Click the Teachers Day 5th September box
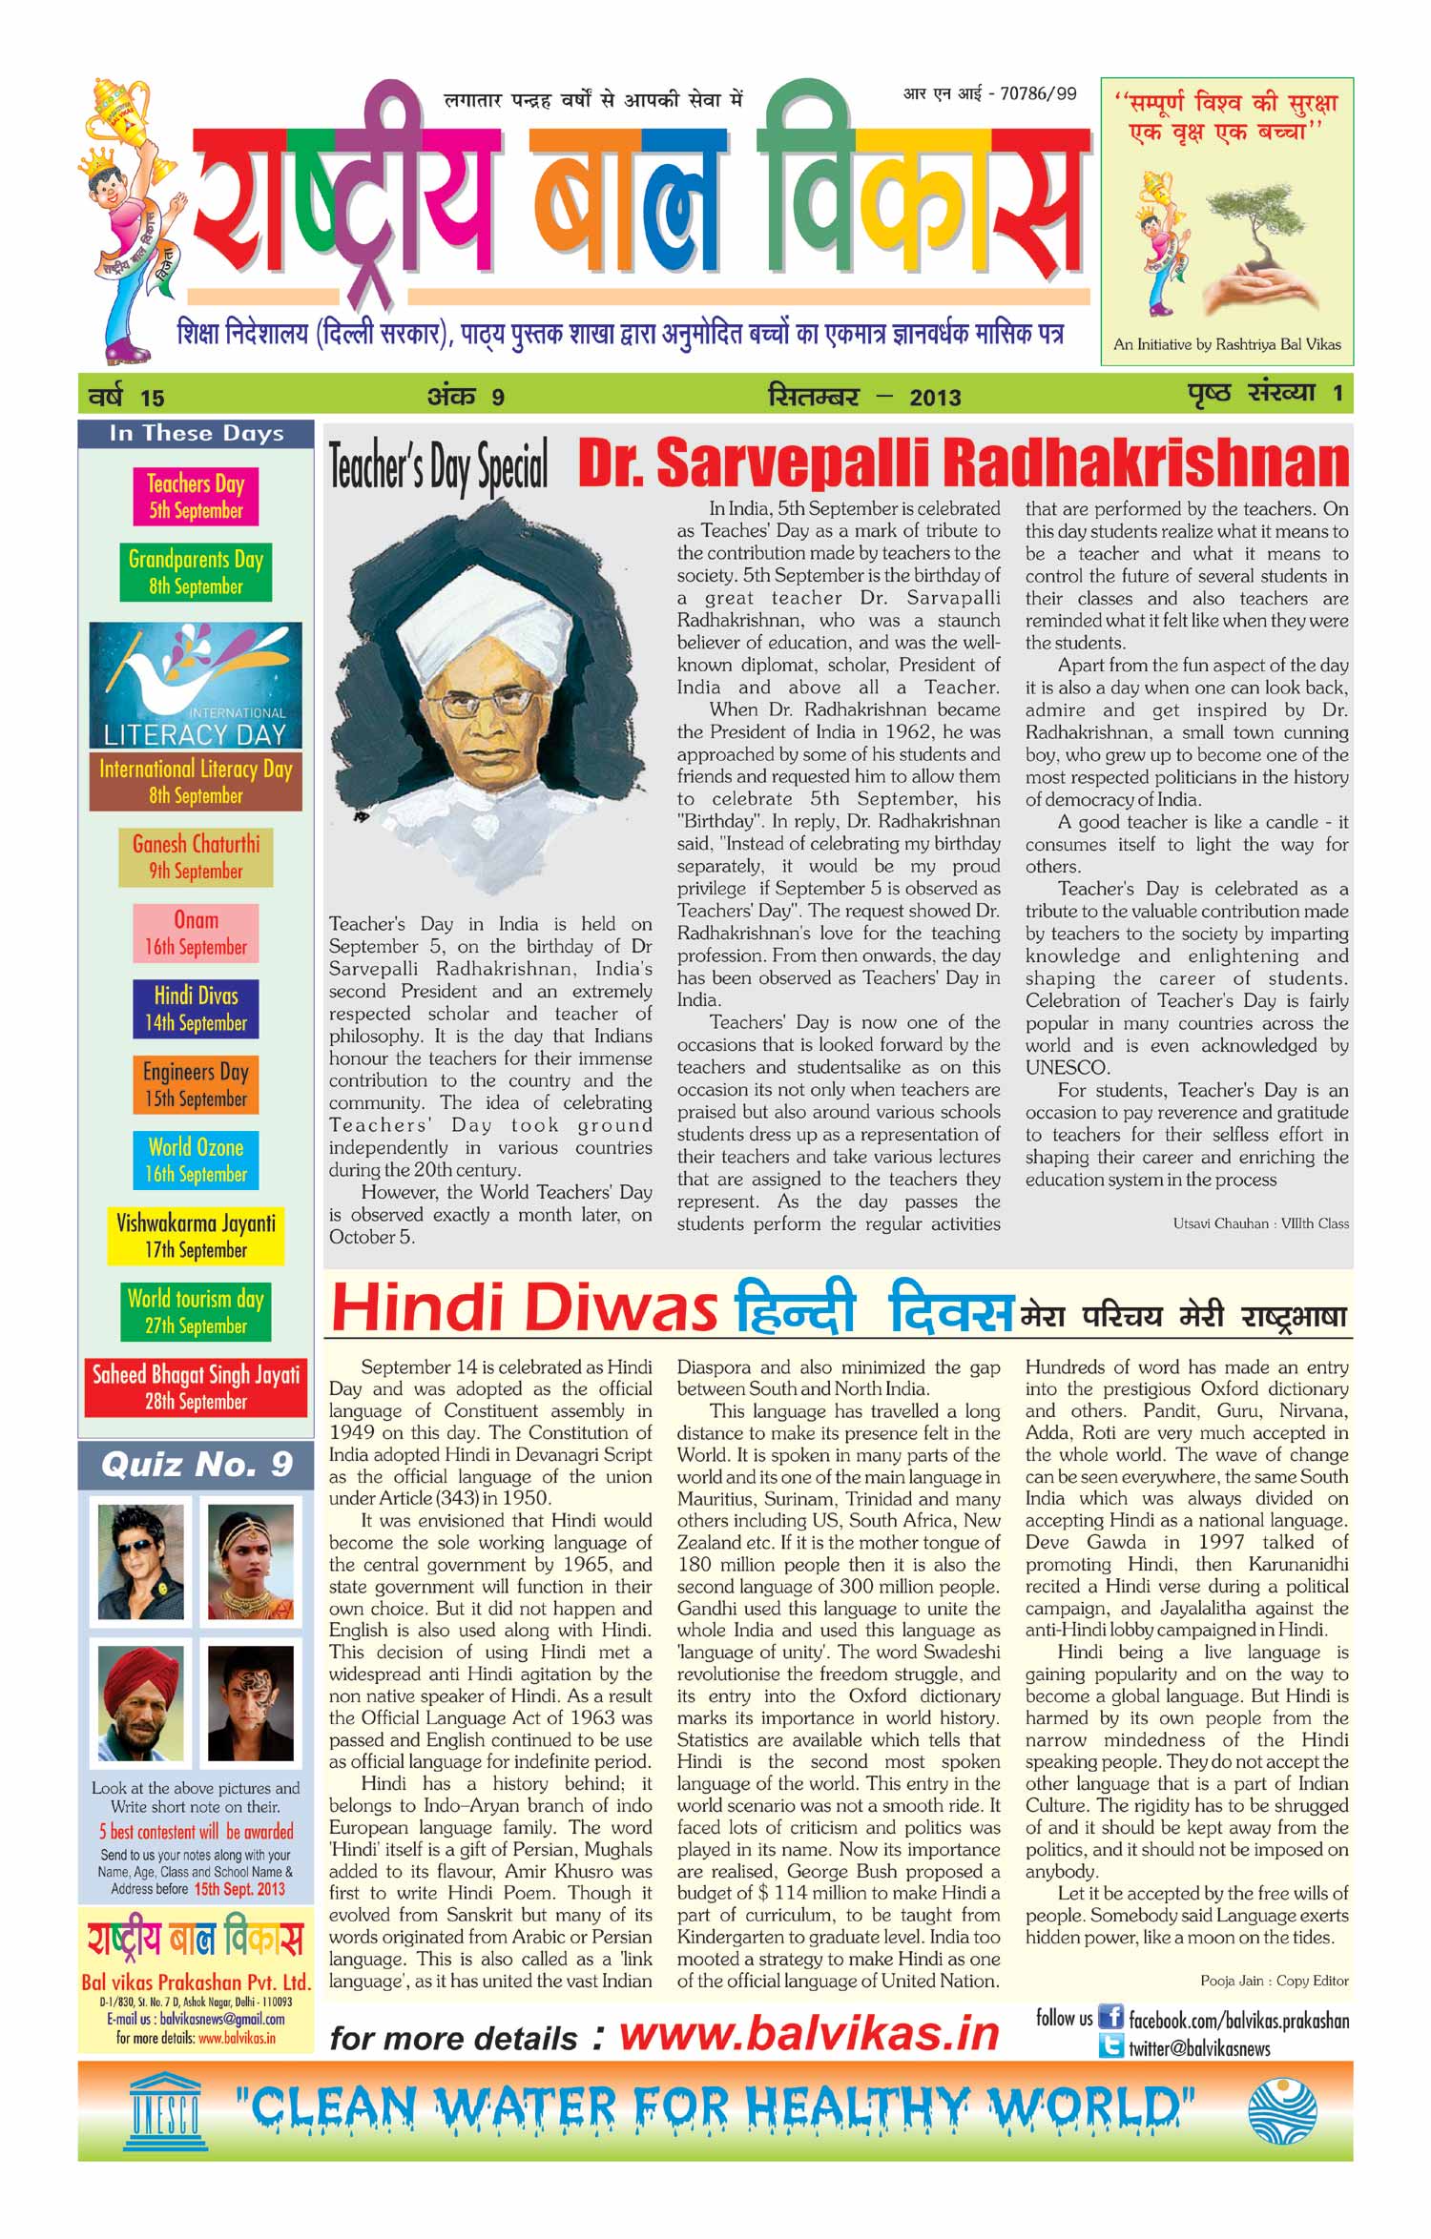pyautogui.click(x=196, y=496)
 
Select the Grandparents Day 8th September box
pyautogui.click(x=196, y=572)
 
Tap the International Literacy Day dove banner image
pyautogui.click(x=196, y=685)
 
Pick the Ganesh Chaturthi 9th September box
pyautogui.click(x=196, y=856)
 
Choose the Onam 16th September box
pyautogui.click(x=196, y=933)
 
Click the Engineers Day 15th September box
pyautogui.click(x=196, y=1084)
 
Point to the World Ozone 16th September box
pyautogui.click(x=196, y=1160)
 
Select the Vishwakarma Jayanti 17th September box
pyautogui.click(x=196, y=1236)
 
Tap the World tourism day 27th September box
pyautogui.click(x=196, y=1311)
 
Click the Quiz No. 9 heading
pyautogui.click(x=197, y=1464)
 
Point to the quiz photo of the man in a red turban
pyautogui.click(x=141, y=1704)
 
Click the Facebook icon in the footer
pyautogui.click(x=1110, y=2017)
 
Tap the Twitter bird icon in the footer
pyautogui.click(x=1110, y=2045)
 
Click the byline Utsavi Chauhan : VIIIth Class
pyautogui.click(x=1260, y=1223)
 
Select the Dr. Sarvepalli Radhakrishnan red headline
pyautogui.click(x=964, y=463)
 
